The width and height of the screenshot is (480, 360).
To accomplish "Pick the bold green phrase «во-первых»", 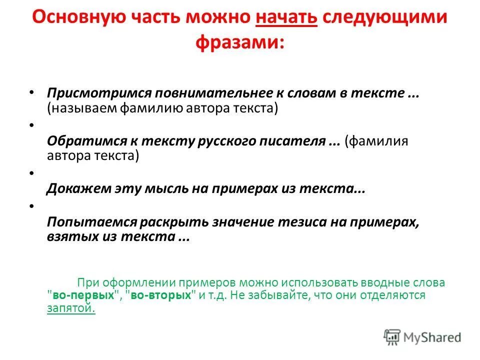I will click(83, 295).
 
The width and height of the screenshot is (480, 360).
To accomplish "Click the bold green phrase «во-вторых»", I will click(161, 295).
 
